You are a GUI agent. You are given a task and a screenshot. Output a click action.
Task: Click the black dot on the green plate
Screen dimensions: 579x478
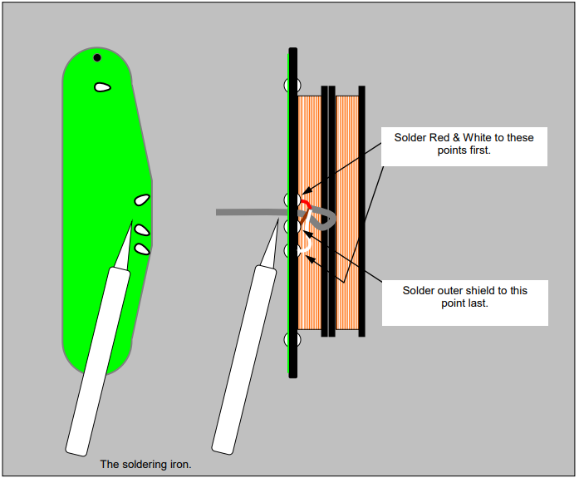pos(97,57)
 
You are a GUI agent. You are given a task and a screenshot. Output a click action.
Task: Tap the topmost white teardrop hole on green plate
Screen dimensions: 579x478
pos(103,87)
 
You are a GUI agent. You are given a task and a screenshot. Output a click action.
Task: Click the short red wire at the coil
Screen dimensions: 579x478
pos(307,204)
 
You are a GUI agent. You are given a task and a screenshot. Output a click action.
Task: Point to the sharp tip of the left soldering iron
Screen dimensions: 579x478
pos(132,221)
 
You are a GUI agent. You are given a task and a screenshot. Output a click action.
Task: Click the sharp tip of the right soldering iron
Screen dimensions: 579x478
pos(278,219)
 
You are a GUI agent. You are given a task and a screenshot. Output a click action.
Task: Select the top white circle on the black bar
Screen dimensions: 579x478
pos(292,85)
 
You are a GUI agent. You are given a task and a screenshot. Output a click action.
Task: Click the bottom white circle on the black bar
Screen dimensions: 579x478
pos(292,339)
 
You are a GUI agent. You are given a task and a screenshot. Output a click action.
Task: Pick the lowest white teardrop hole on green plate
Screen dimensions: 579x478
pos(142,249)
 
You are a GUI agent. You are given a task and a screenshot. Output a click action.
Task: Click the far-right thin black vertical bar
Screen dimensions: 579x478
pos(362,211)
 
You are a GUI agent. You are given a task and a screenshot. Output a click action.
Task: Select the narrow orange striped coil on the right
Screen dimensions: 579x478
pos(347,213)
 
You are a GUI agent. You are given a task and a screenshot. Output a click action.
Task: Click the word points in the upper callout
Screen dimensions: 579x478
pos(448,150)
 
